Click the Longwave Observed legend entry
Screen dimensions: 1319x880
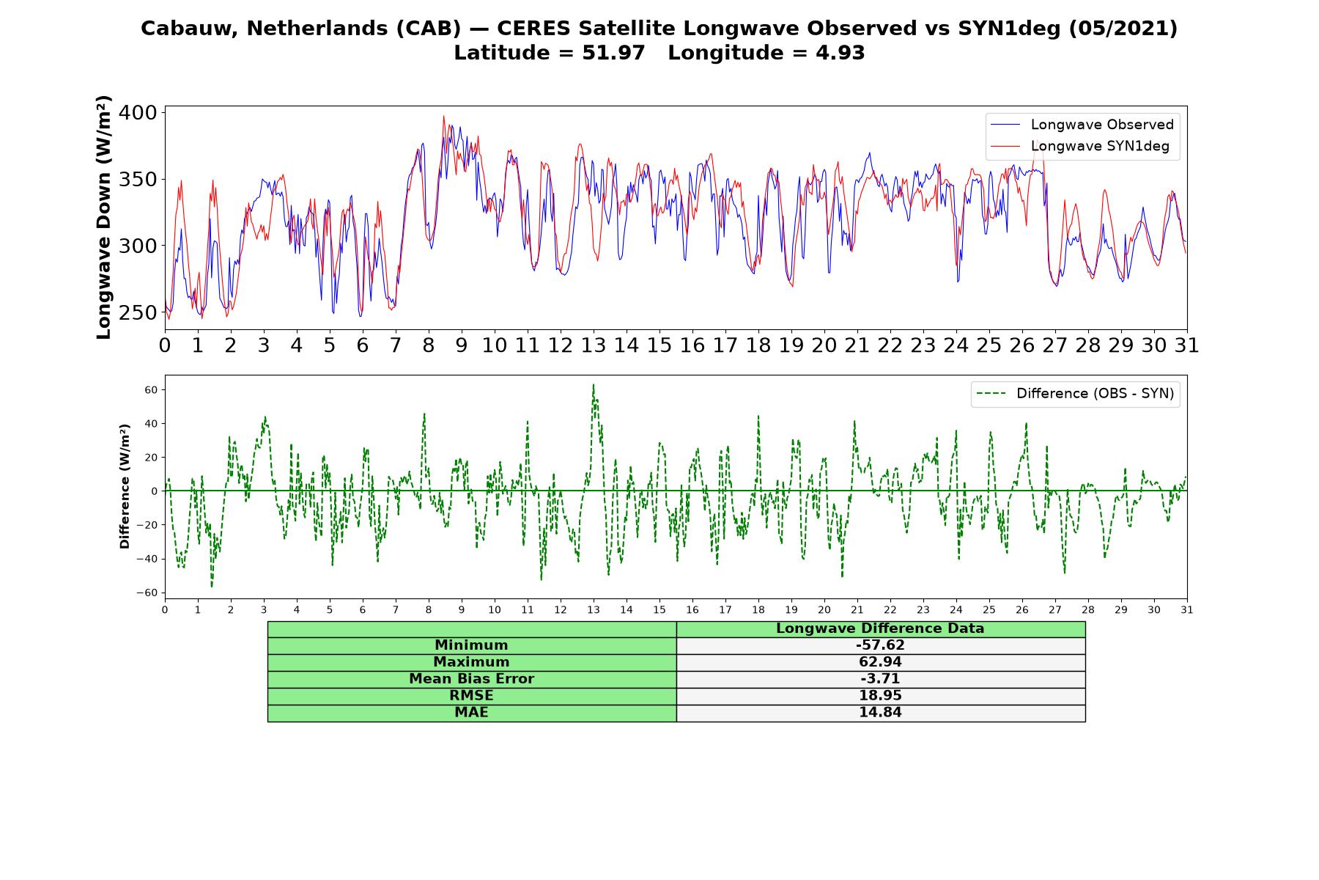(1082, 125)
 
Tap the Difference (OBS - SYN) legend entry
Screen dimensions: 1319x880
(1075, 394)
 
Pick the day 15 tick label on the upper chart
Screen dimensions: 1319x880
(659, 345)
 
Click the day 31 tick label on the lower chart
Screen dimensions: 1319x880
(1187, 609)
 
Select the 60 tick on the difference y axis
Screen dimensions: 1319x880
(151, 390)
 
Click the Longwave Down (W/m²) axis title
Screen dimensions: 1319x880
(104, 217)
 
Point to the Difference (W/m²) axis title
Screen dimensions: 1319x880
(125, 486)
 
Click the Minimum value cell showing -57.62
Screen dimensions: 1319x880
(880, 645)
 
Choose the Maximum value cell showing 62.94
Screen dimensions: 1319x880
(880, 662)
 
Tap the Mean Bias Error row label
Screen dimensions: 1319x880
(471, 679)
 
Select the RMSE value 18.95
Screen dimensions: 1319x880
(880, 696)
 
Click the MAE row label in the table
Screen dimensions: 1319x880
(471, 713)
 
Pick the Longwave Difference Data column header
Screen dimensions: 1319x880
(880, 628)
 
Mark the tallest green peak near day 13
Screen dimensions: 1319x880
(594, 384)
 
